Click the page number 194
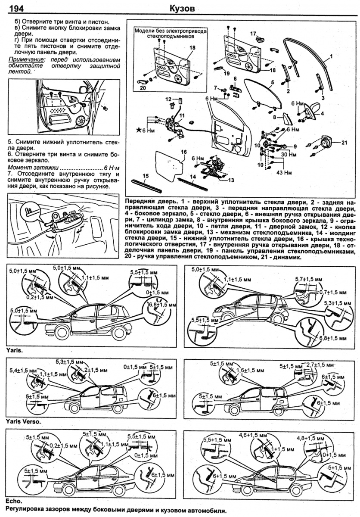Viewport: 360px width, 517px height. tap(16, 8)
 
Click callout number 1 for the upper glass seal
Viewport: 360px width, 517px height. tap(331, 57)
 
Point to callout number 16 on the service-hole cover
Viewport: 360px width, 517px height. tap(183, 152)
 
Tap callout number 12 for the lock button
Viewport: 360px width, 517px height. tap(168, 99)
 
